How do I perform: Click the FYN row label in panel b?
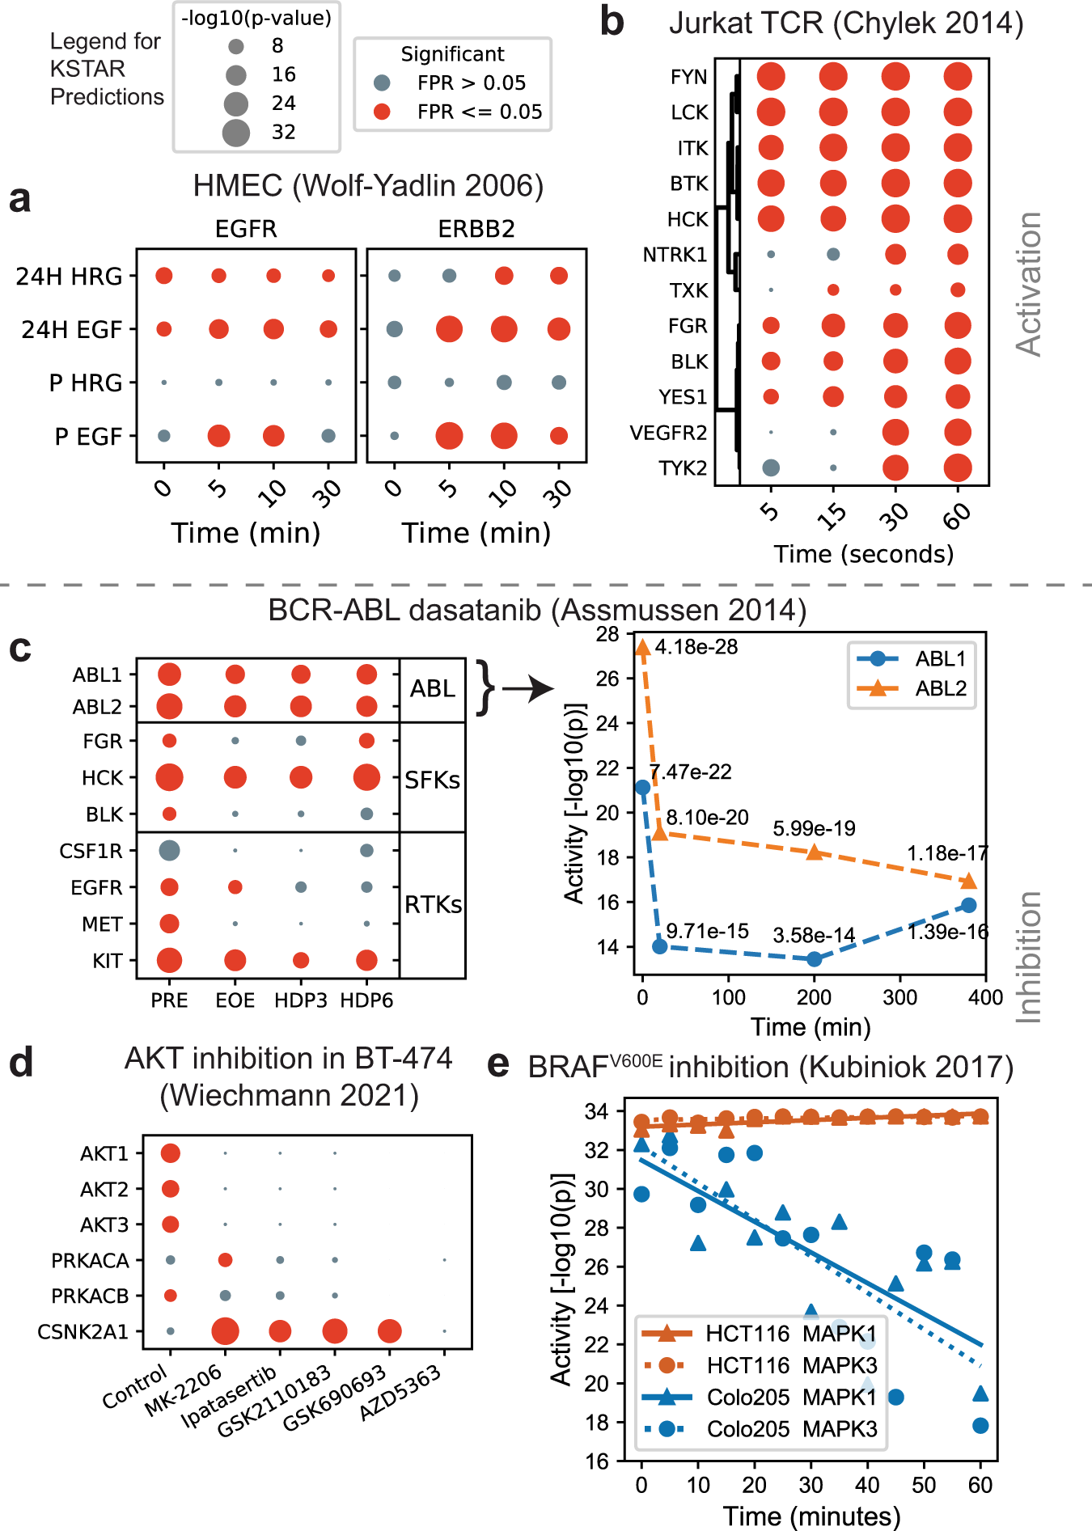tap(688, 77)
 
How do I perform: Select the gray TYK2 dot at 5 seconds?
tap(771, 467)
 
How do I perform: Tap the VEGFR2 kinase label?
tap(668, 433)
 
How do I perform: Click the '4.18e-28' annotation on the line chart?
tap(696, 647)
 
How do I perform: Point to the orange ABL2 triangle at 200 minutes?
tap(815, 852)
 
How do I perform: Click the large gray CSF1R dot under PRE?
tap(169, 850)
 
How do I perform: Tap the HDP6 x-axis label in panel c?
tap(366, 1000)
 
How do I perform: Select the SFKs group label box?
tap(433, 780)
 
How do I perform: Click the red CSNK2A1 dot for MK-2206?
tap(225, 1330)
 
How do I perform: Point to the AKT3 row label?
tap(104, 1224)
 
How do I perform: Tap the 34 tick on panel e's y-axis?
tap(596, 1112)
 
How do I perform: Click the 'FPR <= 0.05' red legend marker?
tap(383, 112)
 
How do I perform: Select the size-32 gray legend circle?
tap(236, 132)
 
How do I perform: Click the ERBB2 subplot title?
tap(476, 229)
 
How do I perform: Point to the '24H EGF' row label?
tap(71, 329)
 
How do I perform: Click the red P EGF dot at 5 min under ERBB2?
tap(449, 436)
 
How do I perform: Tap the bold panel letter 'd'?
tap(21, 1063)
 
